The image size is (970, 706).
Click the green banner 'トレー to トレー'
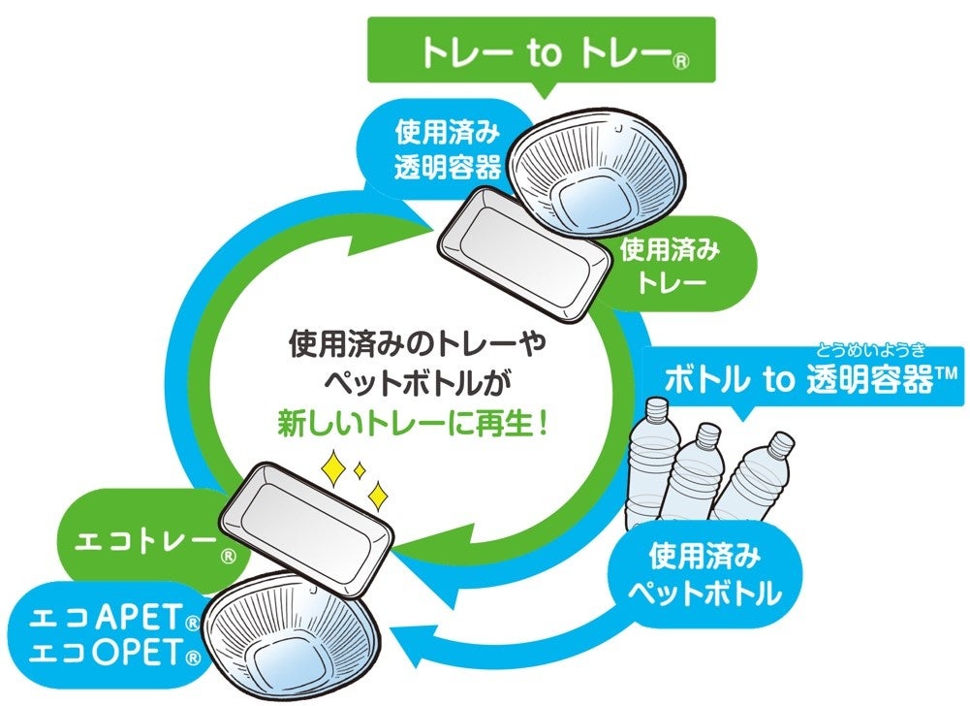[540, 53]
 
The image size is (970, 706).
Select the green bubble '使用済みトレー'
[670, 265]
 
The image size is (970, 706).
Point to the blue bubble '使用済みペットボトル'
[704, 575]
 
